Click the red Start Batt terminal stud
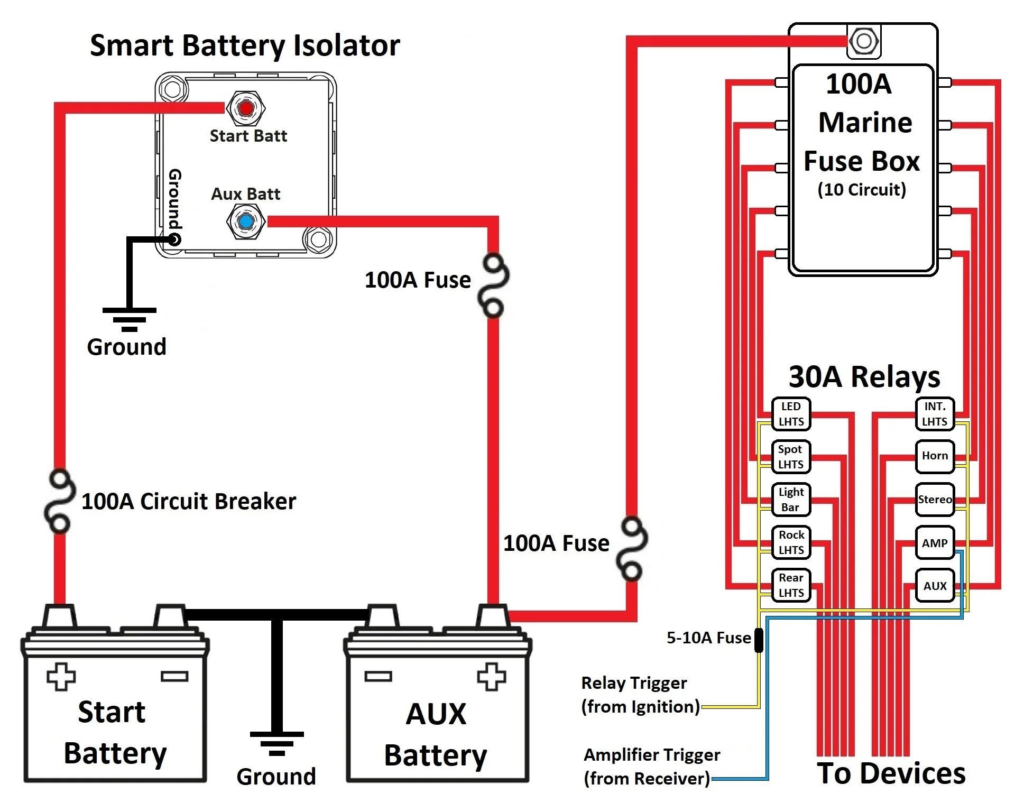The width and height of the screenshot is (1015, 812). (246, 108)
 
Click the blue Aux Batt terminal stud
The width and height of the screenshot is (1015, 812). (246, 222)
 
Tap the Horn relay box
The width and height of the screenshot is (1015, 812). (935, 456)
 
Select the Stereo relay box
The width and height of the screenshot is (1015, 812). (935, 500)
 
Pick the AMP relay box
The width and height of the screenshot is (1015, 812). (935, 543)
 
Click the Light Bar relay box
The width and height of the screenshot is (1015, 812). (791, 500)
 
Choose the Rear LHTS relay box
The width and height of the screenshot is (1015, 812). (791, 585)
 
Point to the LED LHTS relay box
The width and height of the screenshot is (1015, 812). (791, 414)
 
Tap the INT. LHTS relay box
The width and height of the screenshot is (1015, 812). (935, 414)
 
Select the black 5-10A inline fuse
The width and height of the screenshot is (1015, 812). (759, 640)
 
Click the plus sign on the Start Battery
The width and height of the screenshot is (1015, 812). (61, 677)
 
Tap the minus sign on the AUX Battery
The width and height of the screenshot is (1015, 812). (379, 676)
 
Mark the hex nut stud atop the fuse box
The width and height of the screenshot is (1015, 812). (864, 41)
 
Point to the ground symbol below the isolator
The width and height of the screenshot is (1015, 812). (130, 319)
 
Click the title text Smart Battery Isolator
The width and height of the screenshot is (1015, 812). (245, 45)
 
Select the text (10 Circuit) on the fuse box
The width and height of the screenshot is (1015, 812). (862, 189)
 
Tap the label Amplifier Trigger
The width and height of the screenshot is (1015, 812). (651, 755)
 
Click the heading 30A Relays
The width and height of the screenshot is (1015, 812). (864, 377)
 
